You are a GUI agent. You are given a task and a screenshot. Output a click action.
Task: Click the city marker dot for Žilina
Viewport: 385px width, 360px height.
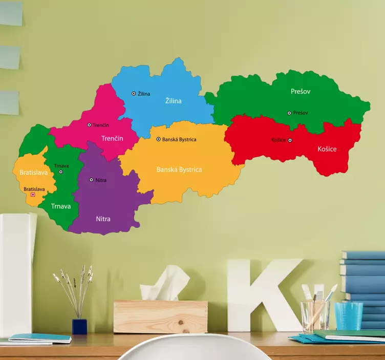pos(134,94)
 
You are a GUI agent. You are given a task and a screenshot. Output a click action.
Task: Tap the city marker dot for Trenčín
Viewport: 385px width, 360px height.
pos(89,125)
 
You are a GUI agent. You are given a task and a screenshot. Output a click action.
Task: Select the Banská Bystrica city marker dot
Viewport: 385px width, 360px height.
pos(158,139)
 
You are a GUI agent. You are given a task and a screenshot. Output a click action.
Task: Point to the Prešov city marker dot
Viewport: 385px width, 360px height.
pos(289,113)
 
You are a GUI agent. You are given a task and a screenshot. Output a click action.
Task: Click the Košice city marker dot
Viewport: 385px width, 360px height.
pos(290,140)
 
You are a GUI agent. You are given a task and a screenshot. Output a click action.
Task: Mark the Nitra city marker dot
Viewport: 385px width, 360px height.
pos(91,180)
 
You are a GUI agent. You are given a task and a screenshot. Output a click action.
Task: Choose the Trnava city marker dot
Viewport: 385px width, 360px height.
pos(61,172)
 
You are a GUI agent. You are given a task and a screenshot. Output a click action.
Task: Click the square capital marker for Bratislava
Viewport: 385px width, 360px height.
pos(33,195)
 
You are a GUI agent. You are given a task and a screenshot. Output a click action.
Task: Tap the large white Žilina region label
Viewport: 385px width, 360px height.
pos(173,101)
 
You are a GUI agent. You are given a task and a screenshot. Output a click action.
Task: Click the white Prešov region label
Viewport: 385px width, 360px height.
pos(301,91)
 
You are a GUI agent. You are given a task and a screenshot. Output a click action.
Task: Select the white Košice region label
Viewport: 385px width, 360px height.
pos(327,149)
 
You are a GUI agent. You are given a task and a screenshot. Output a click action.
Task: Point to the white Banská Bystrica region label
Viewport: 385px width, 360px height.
pos(179,170)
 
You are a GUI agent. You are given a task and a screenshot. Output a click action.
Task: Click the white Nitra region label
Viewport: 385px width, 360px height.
pos(103,219)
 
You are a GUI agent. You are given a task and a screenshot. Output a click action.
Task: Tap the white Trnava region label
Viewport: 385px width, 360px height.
pos(60,206)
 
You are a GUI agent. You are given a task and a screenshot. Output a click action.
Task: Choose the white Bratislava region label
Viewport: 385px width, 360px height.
pos(33,173)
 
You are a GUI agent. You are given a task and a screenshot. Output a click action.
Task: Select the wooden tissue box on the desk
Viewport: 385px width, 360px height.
pos(160,316)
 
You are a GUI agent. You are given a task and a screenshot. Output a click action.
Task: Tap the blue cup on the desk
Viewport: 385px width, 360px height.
pos(349,315)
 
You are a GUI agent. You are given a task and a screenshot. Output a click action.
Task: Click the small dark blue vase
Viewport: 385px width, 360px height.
pos(79,326)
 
